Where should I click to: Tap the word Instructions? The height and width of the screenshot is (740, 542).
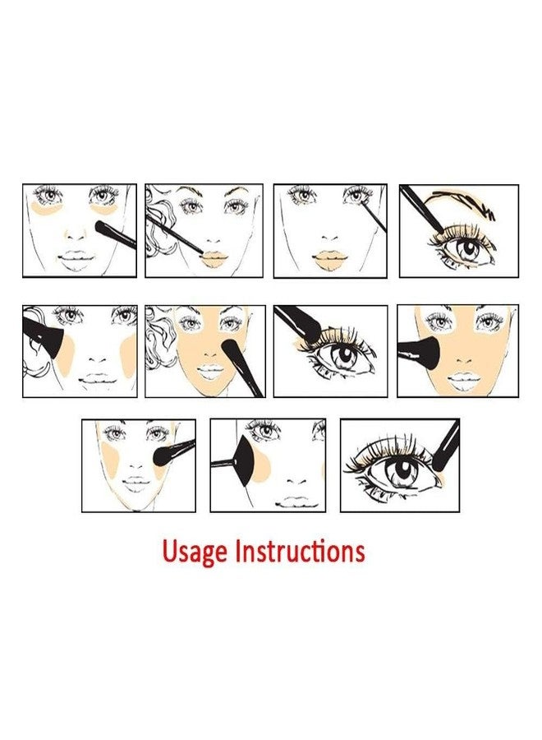[x=301, y=550]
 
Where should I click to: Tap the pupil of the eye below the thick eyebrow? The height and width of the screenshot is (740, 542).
[x=468, y=247]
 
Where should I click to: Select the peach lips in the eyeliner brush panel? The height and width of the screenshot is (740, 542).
[x=330, y=259]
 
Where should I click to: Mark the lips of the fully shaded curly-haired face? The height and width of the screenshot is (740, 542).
[x=210, y=372]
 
